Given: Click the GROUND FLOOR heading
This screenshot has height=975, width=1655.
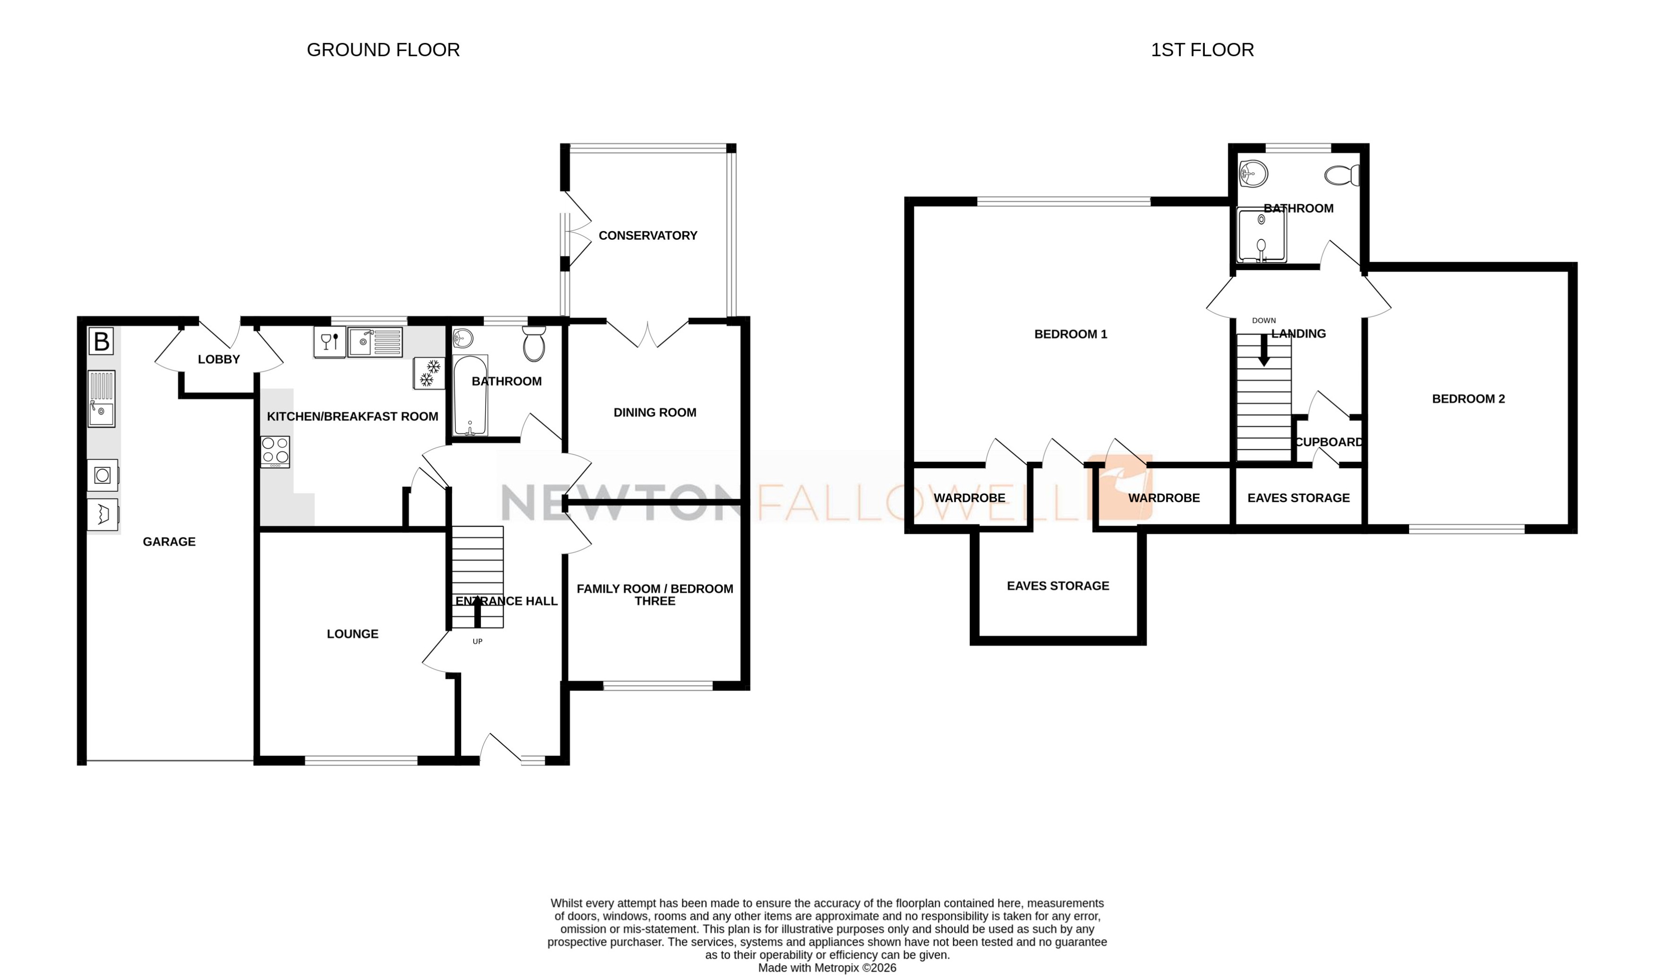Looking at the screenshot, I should pyautogui.click(x=383, y=50).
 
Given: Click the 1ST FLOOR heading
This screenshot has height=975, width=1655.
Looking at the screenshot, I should pyautogui.click(x=1202, y=50).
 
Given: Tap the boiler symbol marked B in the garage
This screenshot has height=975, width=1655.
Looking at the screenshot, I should pyautogui.click(x=101, y=342).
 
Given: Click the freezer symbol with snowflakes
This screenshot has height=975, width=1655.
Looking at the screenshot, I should pyautogui.click(x=429, y=373).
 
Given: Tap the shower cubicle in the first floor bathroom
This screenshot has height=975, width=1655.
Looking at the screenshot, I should pyautogui.click(x=1261, y=235).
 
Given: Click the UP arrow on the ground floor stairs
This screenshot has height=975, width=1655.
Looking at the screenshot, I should pyautogui.click(x=478, y=612).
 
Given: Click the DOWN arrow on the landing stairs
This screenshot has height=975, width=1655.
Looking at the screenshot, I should pyautogui.click(x=1263, y=351).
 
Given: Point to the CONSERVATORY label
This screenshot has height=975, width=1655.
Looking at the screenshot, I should pyautogui.click(x=647, y=235).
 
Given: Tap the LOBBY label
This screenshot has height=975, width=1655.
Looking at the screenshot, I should pyautogui.click(x=218, y=360).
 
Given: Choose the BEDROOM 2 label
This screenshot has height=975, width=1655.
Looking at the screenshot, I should pyautogui.click(x=1468, y=399).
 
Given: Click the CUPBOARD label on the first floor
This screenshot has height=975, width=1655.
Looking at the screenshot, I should pyautogui.click(x=1329, y=442).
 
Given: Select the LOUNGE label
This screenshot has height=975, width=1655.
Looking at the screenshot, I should pyautogui.click(x=353, y=634).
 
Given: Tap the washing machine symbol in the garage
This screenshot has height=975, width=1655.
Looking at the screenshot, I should pyautogui.click(x=103, y=475).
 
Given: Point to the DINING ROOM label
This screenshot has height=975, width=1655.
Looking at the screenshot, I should pyautogui.click(x=655, y=413).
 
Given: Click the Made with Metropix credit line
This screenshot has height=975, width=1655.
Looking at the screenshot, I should pyautogui.click(x=827, y=968).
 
